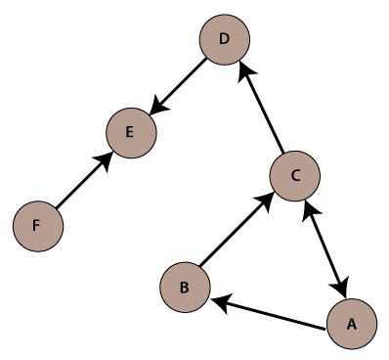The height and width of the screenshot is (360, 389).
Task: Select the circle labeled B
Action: click(x=186, y=287)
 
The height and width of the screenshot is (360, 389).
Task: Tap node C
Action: click(x=296, y=175)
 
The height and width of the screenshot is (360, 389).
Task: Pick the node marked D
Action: click(x=225, y=40)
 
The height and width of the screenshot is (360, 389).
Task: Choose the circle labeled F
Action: click(x=37, y=225)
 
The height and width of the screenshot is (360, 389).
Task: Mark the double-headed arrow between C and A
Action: click(x=324, y=248)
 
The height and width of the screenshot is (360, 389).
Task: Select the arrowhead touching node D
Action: click(x=245, y=71)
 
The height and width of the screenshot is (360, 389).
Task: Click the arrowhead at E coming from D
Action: click(x=154, y=111)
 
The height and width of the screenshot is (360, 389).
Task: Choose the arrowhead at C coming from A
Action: click(x=310, y=207)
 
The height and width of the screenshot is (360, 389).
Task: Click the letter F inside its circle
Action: click(x=36, y=226)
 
